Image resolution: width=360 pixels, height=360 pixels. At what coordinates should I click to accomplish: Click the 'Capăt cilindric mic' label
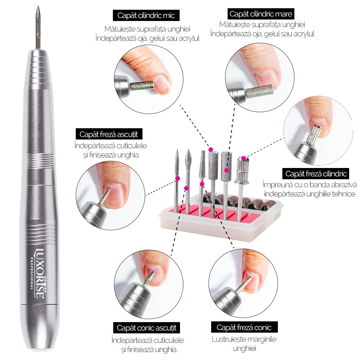point(146,15)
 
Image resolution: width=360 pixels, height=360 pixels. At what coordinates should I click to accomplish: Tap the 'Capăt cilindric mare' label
point(261,14)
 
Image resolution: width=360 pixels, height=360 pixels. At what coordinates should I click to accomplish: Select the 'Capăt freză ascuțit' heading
point(109,134)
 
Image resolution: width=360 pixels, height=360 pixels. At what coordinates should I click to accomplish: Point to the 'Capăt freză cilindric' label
point(316,174)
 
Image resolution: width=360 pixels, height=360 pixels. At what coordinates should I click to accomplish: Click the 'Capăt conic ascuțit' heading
point(147,328)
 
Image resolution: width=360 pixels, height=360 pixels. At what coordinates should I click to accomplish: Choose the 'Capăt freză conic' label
point(244,327)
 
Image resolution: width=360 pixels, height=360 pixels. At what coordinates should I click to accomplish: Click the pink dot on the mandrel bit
point(243,158)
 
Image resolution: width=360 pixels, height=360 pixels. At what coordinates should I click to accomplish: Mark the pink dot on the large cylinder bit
point(226,170)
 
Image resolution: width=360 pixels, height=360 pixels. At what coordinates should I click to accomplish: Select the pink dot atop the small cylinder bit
point(211,150)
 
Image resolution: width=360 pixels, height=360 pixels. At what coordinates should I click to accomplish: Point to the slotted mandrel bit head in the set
point(242,170)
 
